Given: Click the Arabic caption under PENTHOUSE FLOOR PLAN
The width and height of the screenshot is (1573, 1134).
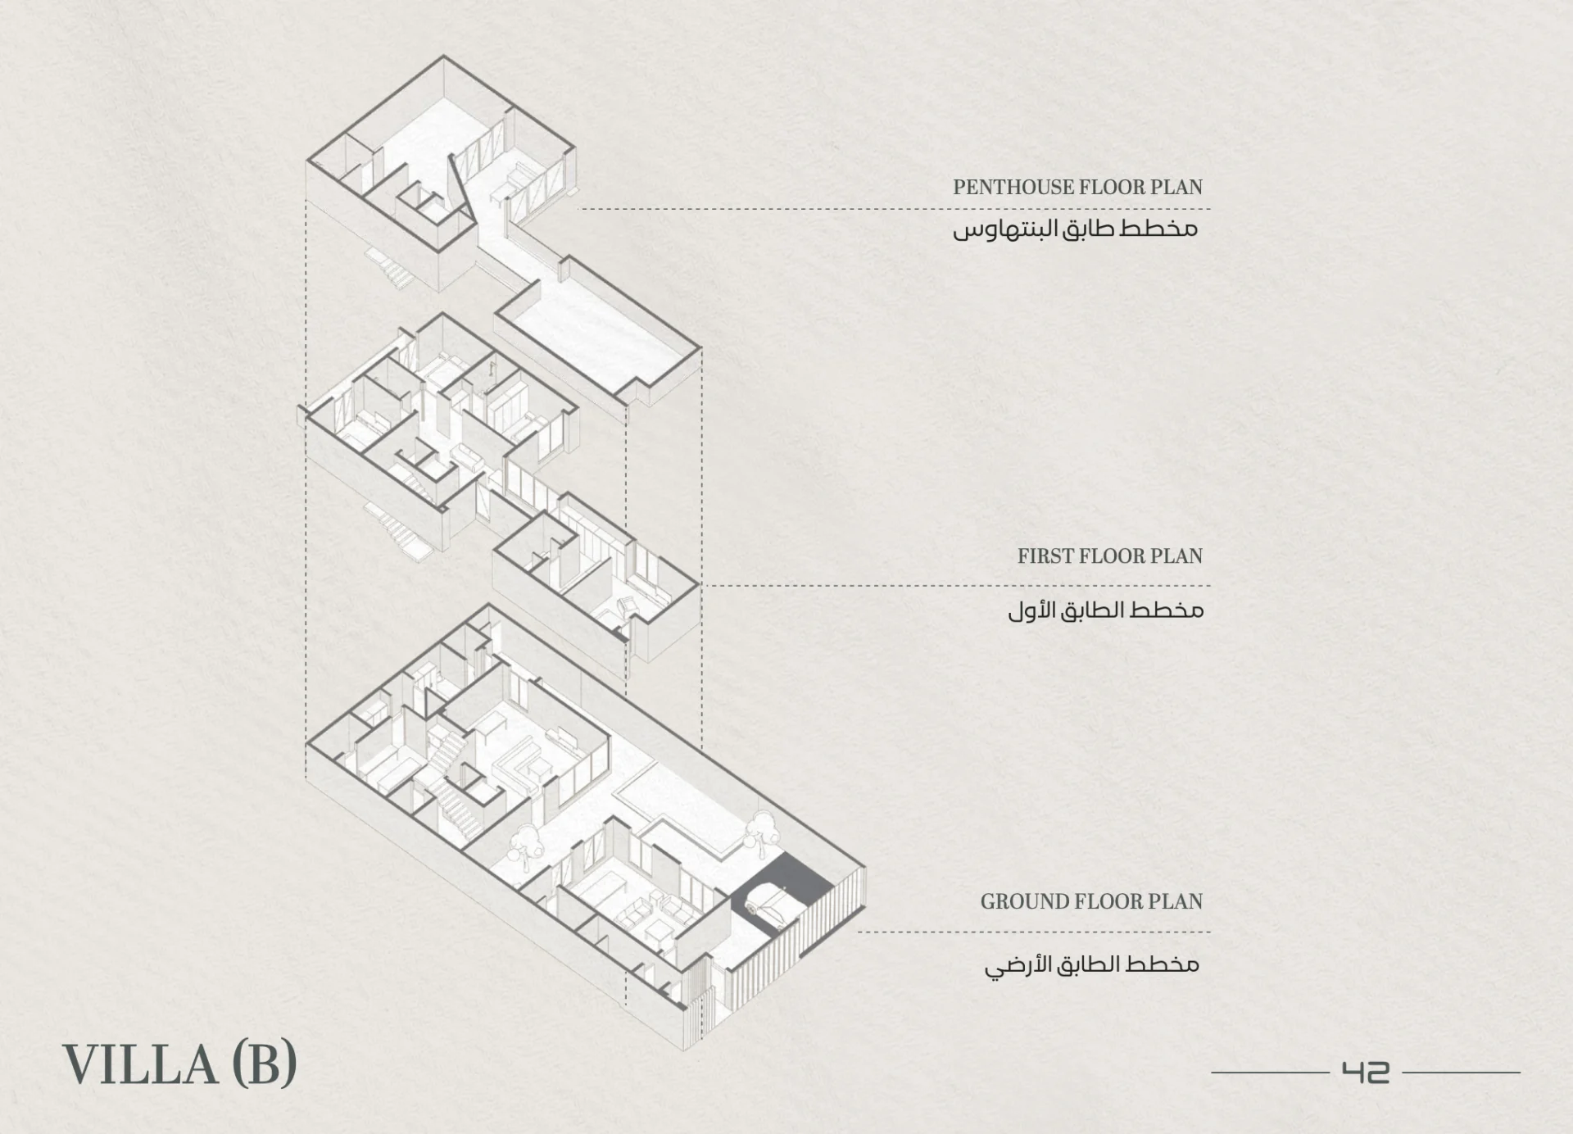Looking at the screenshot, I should click(1075, 229).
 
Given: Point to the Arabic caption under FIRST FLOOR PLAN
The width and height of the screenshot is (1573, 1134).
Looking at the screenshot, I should click(1105, 610).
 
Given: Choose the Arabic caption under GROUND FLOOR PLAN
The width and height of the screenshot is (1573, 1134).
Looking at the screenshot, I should click(1091, 964).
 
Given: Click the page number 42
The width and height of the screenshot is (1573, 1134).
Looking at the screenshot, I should click(1365, 1072).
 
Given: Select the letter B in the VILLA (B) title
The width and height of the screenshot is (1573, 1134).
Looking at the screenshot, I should click(264, 1064).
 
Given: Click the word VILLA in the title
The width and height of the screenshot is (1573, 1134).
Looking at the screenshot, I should click(139, 1064).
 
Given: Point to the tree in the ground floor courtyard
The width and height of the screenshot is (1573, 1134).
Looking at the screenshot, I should click(524, 844).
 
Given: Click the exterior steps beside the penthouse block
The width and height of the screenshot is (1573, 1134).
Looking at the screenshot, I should click(392, 267).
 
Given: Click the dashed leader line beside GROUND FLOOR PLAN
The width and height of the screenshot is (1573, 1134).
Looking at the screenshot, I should click(1032, 932).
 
